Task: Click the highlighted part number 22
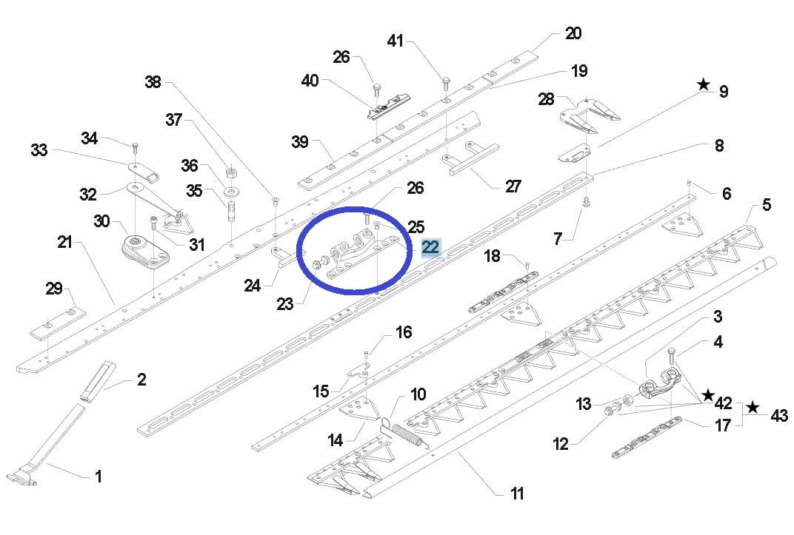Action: [430, 247]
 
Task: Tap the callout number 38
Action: [153, 82]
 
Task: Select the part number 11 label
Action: [516, 493]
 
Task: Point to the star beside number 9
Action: [704, 84]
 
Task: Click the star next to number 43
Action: [753, 406]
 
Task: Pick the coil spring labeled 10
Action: [407, 436]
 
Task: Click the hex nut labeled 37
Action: [230, 172]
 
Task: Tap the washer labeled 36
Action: [232, 191]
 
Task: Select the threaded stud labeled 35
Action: [231, 211]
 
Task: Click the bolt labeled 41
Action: [446, 83]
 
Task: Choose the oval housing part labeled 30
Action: [145, 250]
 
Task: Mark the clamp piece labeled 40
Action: [388, 106]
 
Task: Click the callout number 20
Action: [573, 34]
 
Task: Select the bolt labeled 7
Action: [586, 201]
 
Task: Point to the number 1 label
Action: [99, 477]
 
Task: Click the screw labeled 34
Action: [135, 148]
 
